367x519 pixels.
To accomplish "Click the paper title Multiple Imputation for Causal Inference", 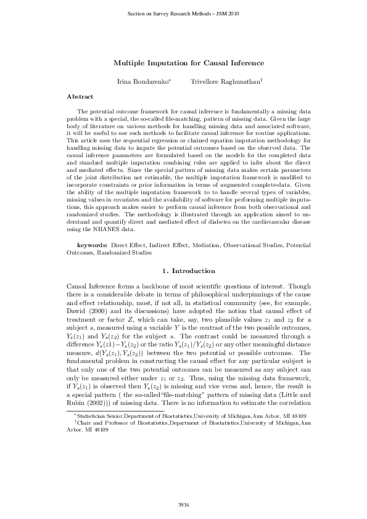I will point(189,63).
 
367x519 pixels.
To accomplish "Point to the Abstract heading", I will point(80,97).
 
